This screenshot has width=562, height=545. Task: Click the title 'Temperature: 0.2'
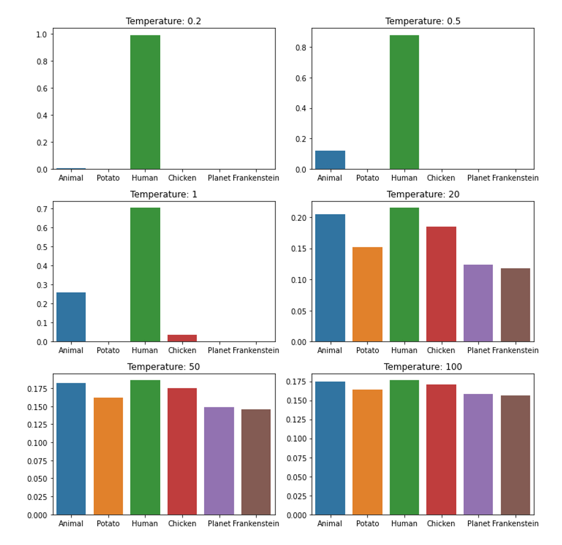coord(164,21)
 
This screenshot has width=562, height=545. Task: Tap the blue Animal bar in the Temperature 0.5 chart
coord(330,160)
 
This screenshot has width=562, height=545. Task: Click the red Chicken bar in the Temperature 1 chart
coord(182,338)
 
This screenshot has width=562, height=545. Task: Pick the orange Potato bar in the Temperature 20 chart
coord(367,294)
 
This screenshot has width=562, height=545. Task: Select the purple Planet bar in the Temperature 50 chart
coord(219,461)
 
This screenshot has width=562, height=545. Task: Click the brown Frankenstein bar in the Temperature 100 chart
coord(515,455)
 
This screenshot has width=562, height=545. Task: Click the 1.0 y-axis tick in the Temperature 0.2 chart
coord(41,34)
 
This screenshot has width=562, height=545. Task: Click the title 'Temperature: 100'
coord(423,367)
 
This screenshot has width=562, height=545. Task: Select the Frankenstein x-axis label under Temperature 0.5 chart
coord(515,178)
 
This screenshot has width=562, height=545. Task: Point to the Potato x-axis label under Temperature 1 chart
coord(108,351)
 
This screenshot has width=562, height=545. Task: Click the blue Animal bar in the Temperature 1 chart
coord(71,317)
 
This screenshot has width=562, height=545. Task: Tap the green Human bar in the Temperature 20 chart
coord(404,275)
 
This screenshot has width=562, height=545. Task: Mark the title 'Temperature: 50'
coord(164,367)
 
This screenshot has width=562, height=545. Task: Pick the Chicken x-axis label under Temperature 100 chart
coord(441,524)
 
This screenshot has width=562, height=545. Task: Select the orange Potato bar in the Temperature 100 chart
coord(367,452)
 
